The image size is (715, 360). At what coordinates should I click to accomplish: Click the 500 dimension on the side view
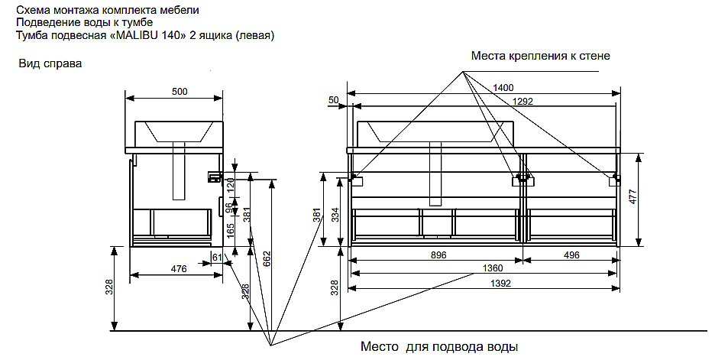[x=179, y=92]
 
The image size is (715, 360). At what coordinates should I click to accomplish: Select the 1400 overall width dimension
[x=503, y=88]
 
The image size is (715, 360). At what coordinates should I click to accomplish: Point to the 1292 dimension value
[x=522, y=101]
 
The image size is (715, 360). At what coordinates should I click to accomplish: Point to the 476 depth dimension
[x=178, y=268]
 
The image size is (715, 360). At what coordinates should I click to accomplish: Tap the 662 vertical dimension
[x=267, y=259]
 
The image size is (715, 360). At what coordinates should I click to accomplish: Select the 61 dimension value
[x=216, y=258]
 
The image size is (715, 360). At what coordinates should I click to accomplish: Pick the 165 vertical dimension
[x=229, y=228]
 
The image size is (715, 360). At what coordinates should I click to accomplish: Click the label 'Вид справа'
[x=50, y=64]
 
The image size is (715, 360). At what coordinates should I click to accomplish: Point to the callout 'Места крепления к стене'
[x=540, y=56]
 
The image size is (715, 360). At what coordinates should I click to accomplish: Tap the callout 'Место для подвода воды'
[x=434, y=348]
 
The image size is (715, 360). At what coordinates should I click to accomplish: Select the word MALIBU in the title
[x=135, y=35]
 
